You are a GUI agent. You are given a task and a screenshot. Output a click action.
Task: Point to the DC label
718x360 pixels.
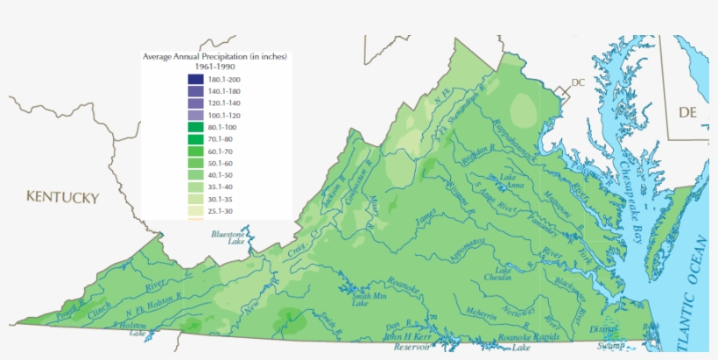[577, 83]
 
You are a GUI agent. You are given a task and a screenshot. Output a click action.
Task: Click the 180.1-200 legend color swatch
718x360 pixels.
[194, 80]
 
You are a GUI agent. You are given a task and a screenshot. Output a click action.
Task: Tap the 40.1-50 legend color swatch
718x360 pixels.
[194, 175]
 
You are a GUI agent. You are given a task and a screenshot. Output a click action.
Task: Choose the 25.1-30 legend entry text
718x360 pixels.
[220, 211]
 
